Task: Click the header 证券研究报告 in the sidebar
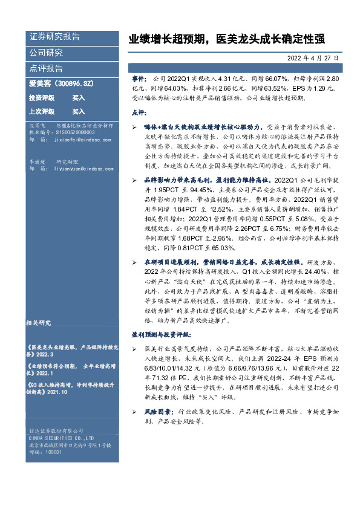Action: [x=54, y=36]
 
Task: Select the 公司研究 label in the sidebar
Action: [x=46, y=53]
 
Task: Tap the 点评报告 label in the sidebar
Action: [x=46, y=68]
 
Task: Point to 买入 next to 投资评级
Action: [x=79, y=98]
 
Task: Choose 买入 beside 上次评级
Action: [x=79, y=112]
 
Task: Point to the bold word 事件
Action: [x=139, y=79]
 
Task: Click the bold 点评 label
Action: [x=139, y=113]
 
